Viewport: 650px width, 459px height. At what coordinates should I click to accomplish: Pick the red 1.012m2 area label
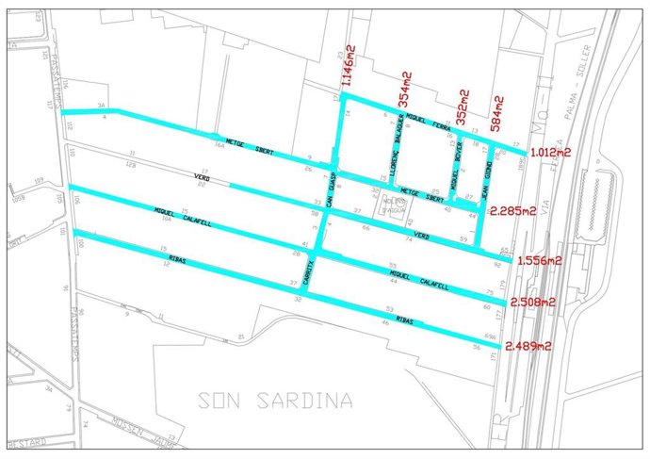click(551, 151)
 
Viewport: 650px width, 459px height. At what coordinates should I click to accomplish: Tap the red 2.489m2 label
click(528, 346)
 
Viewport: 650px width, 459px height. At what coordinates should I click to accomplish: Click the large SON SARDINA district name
click(275, 401)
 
